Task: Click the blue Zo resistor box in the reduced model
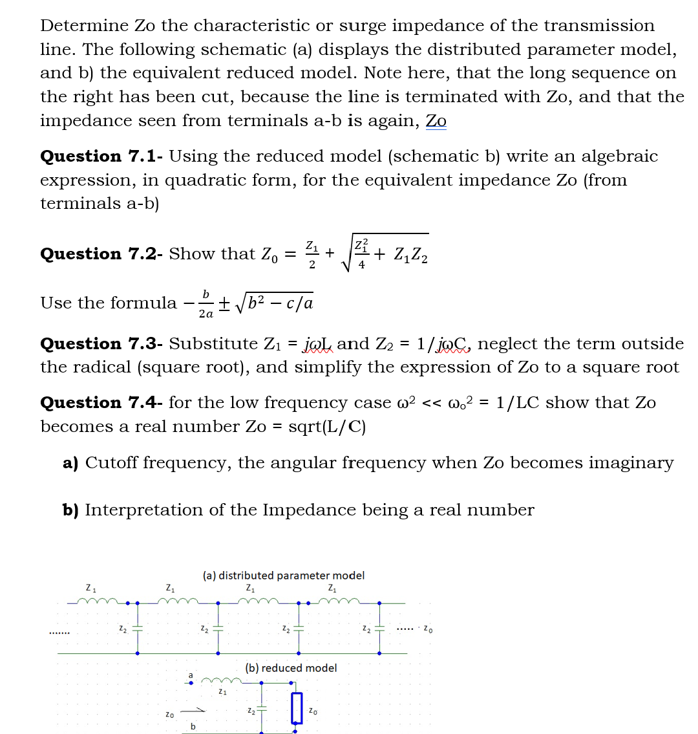point(297,708)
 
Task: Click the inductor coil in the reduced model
point(222,681)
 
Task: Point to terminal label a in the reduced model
point(191,675)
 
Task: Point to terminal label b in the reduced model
point(193,727)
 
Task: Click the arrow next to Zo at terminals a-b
point(196,711)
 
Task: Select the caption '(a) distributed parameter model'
point(283,575)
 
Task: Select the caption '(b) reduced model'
point(291,667)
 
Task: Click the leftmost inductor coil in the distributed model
point(98,602)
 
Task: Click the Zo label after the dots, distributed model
point(428,629)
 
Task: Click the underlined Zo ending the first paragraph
point(436,121)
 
